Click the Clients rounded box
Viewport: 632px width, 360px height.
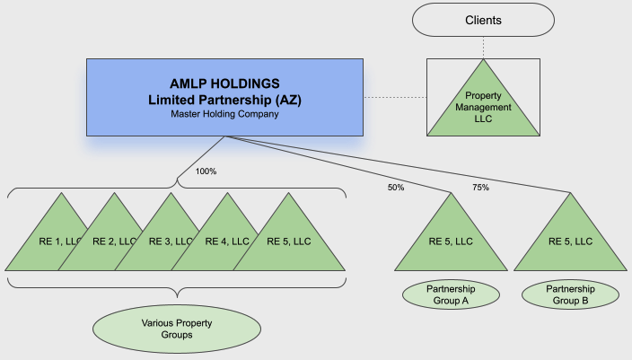tap(484, 20)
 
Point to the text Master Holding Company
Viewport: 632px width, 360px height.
tap(224, 114)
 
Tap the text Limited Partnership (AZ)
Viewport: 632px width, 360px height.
tap(224, 99)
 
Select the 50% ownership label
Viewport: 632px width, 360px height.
tap(396, 188)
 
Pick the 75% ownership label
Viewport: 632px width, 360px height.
tap(481, 188)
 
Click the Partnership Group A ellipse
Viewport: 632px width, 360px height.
tap(450, 294)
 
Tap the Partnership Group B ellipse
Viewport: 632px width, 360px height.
tap(570, 294)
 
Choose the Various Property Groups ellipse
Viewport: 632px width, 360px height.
tap(180, 328)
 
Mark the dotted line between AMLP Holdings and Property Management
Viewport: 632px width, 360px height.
tap(395, 96)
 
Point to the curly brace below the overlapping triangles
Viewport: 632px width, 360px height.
tap(178, 288)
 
